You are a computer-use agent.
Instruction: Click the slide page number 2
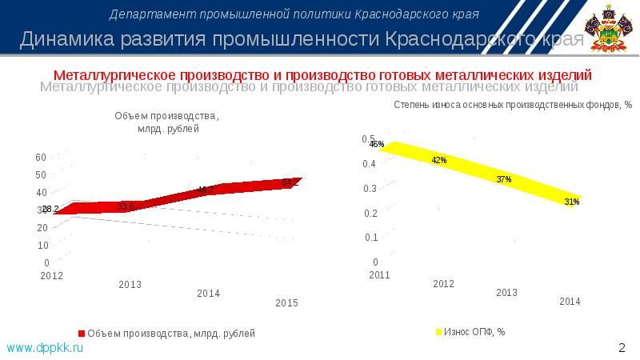coord(621,347)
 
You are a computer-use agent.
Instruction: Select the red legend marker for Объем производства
coord(81,332)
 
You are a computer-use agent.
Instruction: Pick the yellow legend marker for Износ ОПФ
coord(438,332)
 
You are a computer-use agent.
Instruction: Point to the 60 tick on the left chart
coord(42,157)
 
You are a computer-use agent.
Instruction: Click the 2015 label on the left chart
coord(286,302)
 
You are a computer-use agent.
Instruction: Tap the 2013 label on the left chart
coord(130,284)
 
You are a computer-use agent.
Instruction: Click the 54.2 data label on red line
coord(290,183)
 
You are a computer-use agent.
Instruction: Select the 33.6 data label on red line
coord(126,206)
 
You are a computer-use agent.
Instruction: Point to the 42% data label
coord(438,160)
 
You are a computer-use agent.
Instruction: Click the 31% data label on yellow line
coord(571,202)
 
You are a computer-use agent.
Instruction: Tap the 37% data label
coord(503,179)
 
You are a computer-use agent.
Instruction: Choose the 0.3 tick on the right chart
coord(369,188)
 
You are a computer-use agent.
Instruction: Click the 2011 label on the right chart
coord(378,275)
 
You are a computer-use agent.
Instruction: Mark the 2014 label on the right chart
coord(570,301)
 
